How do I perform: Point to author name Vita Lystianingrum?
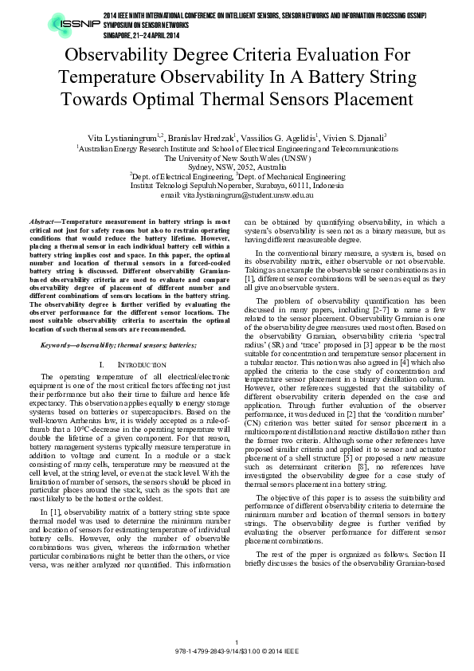coord(128,138)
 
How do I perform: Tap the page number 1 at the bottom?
coord(237,644)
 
